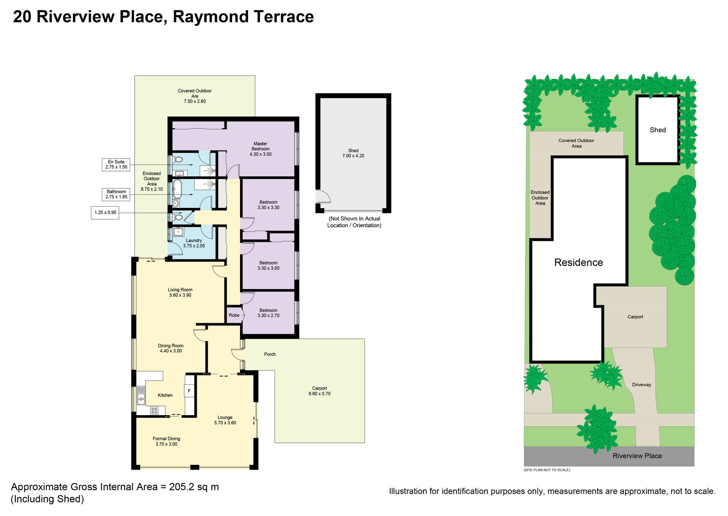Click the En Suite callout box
pos(116,164)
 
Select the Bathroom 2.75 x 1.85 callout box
pos(116,194)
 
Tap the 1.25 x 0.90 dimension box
pos(105,212)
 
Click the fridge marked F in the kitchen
pos(189,391)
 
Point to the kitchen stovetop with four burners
pos(154,411)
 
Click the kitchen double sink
pos(141,395)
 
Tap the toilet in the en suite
pos(178,159)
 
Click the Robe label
pos(234,315)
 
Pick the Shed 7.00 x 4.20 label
pos(353,153)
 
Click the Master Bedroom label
pos(260,149)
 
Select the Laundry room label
pos(194,243)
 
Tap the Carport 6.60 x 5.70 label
pos(320,391)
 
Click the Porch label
pos(270,354)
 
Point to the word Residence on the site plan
pos(579,263)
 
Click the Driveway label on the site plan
pos(642,385)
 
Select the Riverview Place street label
pos(637,456)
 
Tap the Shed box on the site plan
pos(658,130)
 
